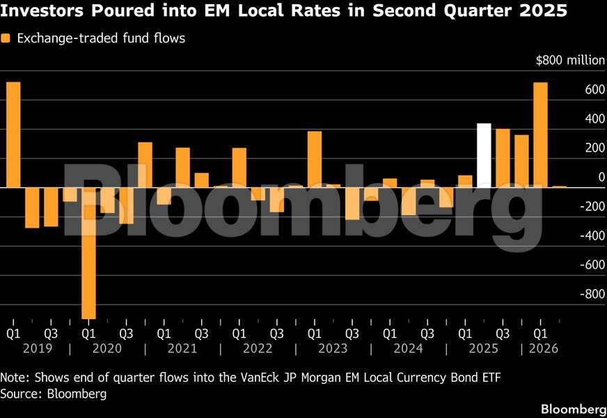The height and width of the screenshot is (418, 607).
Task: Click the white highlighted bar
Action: [x=484, y=155]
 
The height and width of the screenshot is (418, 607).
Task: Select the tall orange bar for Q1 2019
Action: [x=13, y=134]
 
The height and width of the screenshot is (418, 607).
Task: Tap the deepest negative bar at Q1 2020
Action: [x=88, y=253]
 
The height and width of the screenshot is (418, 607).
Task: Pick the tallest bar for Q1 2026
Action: [x=540, y=135]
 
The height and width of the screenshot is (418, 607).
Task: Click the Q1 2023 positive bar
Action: [x=315, y=160]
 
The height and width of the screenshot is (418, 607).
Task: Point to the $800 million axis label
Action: [x=570, y=61]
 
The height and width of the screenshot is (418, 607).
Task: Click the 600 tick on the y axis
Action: [x=595, y=89]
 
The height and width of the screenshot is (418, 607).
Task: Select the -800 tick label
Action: [x=592, y=294]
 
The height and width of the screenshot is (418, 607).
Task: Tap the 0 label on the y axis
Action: [x=601, y=177]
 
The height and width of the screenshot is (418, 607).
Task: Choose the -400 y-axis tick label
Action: [x=592, y=235]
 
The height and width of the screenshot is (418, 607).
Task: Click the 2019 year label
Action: [x=38, y=348]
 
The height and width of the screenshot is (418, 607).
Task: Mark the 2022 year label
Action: [x=258, y=348]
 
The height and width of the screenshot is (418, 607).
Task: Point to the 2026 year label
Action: [x=544, y=348]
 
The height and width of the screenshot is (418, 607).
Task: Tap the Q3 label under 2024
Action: [x=427, y=333]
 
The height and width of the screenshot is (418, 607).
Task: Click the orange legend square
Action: [x=6, y=38]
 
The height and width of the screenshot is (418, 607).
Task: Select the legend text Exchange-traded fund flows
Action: [x=101, y=38]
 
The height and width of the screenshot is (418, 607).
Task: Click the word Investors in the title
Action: [x=42, y=10]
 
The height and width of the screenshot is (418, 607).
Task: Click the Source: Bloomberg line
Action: [x=54, y=394]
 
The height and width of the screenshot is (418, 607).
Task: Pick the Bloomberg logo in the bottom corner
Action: [x=574, y=409]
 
